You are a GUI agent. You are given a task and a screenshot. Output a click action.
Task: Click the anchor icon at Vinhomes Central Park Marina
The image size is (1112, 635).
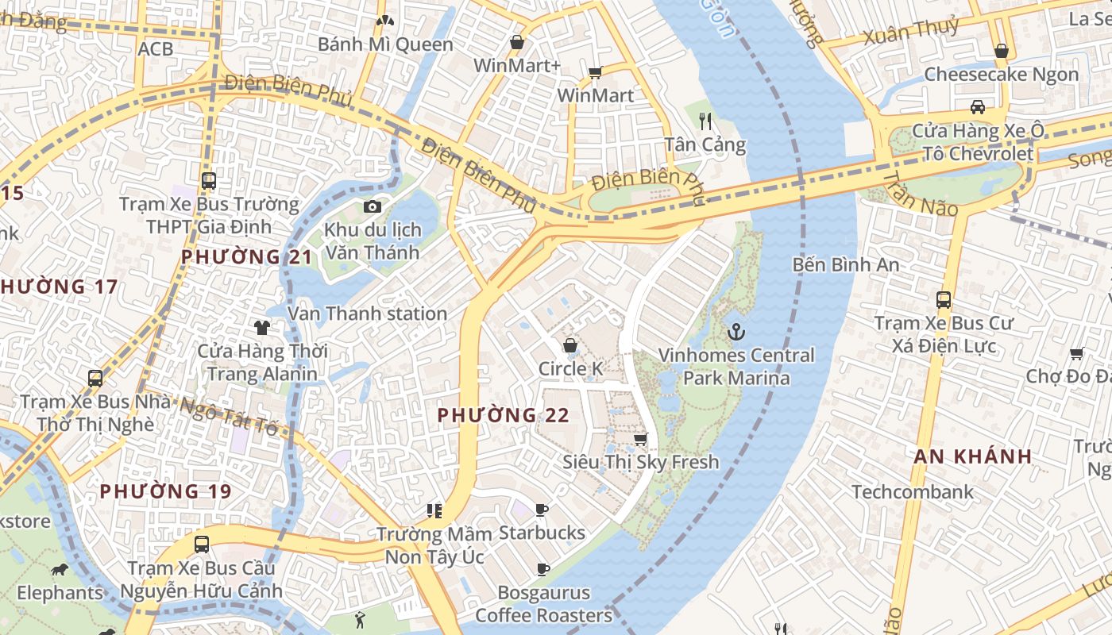[x=736, y=331]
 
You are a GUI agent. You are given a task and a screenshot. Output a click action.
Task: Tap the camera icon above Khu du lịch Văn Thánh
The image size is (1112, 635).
[x=372, y=207]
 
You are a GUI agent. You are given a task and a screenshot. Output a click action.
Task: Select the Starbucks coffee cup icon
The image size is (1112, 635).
[x=542, y=510]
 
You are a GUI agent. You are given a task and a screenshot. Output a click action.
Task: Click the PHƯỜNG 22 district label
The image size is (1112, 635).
[x=503, y=415]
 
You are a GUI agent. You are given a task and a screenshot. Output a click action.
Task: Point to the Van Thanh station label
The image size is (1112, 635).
[x=367, y=314]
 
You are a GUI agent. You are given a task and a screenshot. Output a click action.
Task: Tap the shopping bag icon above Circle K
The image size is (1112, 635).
[x=570, y=345]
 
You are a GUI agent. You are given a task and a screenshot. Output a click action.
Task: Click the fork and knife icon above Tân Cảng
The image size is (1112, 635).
[x=705, y=121]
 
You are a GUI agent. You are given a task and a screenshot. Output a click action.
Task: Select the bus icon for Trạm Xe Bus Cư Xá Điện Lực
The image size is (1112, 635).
[x=944, y=300]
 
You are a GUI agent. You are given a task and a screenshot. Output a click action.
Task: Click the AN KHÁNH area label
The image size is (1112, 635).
[x=972, y=456]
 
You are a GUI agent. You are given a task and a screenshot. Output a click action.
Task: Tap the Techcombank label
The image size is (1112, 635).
[x=912, y=492]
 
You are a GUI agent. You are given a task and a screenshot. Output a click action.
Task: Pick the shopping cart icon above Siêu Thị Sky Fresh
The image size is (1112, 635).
[x=640, y=439]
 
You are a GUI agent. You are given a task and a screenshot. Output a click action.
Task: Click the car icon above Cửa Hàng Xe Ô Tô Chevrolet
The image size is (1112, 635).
[x=977, y=107]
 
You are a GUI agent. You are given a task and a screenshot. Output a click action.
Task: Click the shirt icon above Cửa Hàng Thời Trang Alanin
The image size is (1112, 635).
[x=261, y=327]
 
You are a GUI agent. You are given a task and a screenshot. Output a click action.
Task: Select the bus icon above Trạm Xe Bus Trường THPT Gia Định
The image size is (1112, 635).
[x=208, y=181]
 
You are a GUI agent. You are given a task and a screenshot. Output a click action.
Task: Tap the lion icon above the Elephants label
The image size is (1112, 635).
[x=60, y=570]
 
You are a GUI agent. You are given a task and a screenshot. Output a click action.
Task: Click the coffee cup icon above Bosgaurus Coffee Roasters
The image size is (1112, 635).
[x=542, y=569]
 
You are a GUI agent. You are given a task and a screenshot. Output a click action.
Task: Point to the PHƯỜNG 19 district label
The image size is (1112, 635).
[x=165, y=491]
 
